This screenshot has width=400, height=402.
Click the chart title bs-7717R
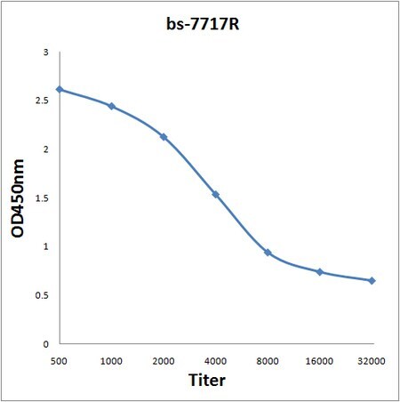click(x=203, y=24)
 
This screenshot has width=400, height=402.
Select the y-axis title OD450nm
click(x=18, y=198)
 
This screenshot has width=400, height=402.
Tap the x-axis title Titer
click(x=207, y=380)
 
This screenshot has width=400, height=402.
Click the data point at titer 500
click(x=60, y=89)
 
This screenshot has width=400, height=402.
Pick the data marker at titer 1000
click(x=112, y=106)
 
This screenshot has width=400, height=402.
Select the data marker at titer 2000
click(x=164, y=137)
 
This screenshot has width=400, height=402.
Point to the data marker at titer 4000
click(x=216, y=195)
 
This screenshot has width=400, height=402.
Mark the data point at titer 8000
click(x=268, y=253)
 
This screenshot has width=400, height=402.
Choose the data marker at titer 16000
click(x=320, y=272)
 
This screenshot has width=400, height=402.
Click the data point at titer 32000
click(x=372, y=280)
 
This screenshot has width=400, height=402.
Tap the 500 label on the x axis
click(x=59, y=361)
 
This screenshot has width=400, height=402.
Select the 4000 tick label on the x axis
click(x=215, y=361)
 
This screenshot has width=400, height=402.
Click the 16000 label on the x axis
click(x=319, y=361)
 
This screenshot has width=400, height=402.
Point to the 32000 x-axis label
click(x=372, y=361)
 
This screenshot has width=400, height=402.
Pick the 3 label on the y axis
click(x=45, y=52)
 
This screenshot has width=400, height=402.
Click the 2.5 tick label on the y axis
click(x=42, y=100)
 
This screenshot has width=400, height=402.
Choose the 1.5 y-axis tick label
click(x=42, y=198)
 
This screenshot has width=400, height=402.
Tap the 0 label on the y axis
click(x=45, y=344)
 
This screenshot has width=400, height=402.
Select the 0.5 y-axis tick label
click(x=42, y=295)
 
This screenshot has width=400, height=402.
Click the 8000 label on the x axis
click(x=268, y=361)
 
